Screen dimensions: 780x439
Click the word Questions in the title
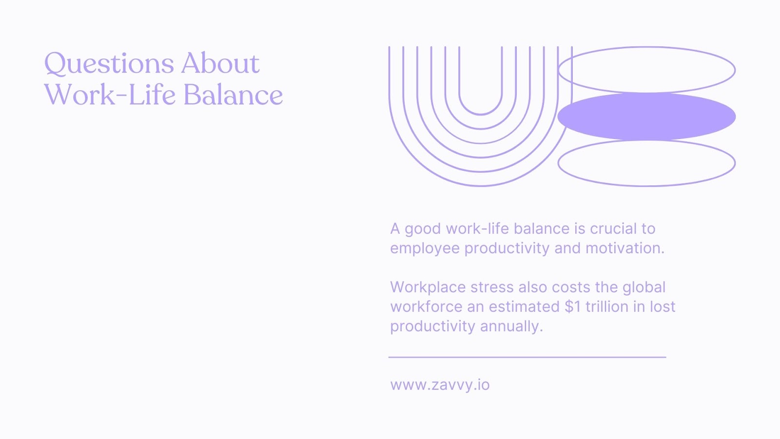pyautogui.click(x=109, y=63)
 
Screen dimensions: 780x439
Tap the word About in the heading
pyautogui.click(x=220, y=63)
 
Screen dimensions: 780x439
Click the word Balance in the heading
pyautogui.click(x=233, y=95)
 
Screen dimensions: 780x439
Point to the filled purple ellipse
pyautogui.click(x=646, y=117)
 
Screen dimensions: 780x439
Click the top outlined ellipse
pyautogui.click(x=646, y=47)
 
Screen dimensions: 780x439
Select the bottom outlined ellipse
pyautogui.click(x=646, y=186)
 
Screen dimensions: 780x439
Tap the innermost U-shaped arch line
pyautogui.click(x=481, y=114)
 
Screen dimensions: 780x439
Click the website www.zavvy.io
pyautogui.click(x=440, y=385)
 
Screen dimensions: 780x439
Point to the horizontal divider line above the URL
pyautogui.click(x=527, y=357)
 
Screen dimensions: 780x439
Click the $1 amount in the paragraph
pyautogui.click(x=573, y=307)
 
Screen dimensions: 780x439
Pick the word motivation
pyautogui.click(x=625, y=248)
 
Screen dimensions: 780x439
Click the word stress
pyautogui.click(x=492, y=287)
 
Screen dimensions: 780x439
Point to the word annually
pyautogui.click(x=511, y=327)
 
